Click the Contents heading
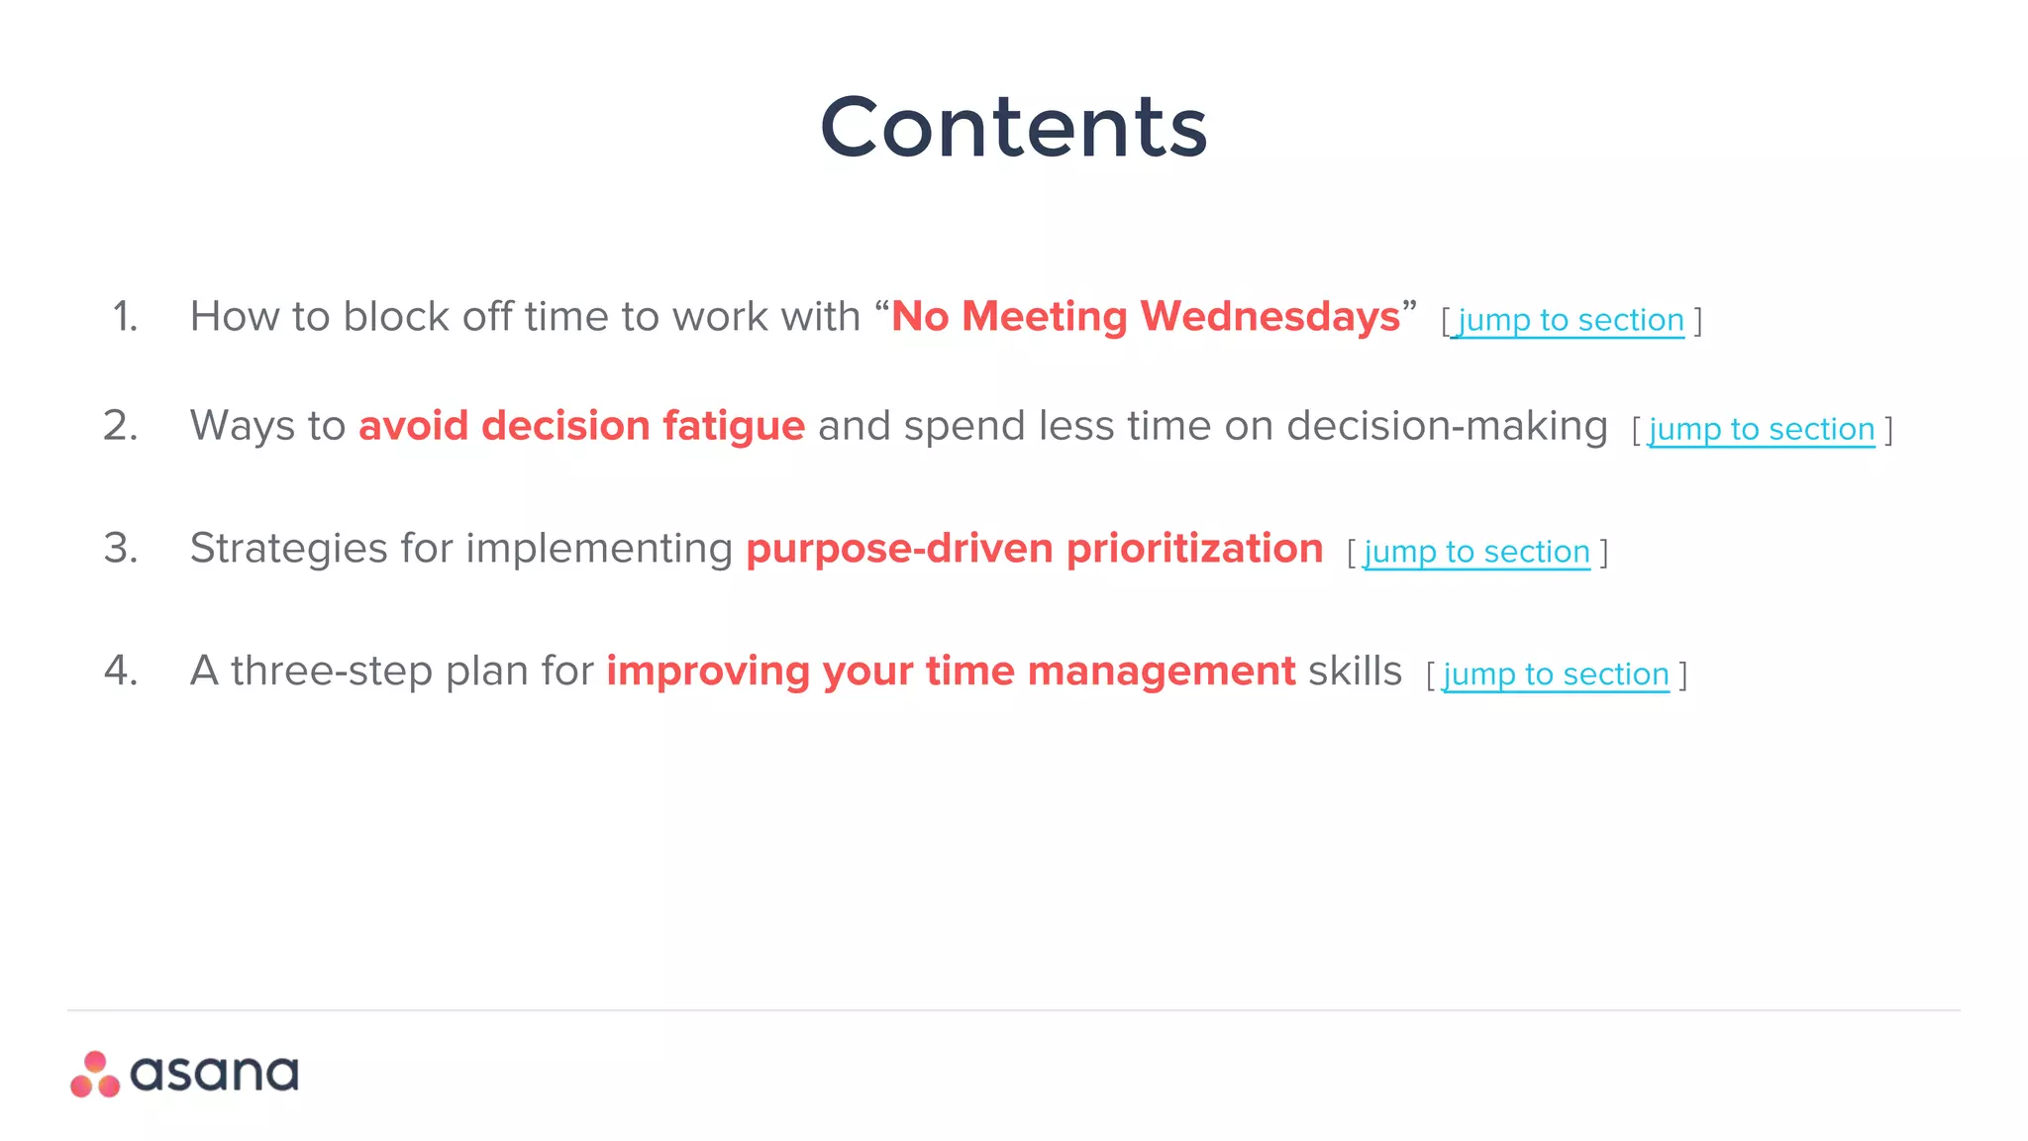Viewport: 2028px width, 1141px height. point(1013,127)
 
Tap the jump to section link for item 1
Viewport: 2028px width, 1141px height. point(1571,320)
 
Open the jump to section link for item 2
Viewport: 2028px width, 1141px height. point(1762,429)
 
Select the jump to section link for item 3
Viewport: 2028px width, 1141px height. point(1476,552)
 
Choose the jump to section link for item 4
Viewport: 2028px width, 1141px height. point(1556,674)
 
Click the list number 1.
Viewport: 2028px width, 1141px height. point(125,317)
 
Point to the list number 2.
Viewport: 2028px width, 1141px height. point(121,426)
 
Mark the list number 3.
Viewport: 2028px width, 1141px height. point(121,549)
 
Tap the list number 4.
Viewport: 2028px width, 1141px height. point(121,672)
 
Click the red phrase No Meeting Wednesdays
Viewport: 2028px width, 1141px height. point(1146,317)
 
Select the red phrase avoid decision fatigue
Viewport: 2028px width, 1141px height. point(581,426)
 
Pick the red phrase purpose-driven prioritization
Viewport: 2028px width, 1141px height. point(1034,549)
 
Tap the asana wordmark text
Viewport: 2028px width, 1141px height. point(214,1074)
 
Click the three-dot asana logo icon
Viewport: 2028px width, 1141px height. point(95,1075)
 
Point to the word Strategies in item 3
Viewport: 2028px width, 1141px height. point(288,549)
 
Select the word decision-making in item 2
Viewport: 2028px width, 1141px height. point(1447,426)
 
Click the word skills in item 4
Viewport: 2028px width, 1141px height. point(1355,672)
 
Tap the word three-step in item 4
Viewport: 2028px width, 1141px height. point(332,672)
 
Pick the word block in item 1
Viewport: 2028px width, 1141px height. point(395,317)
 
